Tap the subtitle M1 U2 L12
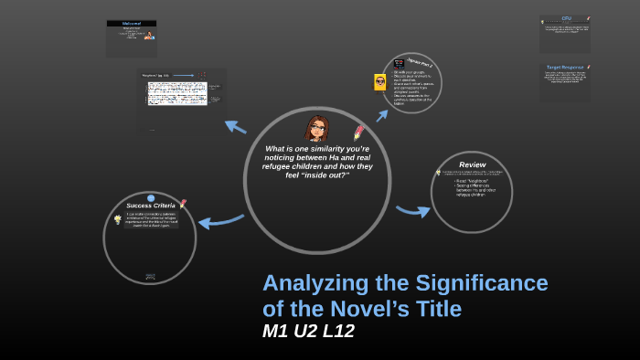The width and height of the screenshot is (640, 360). [x=308, y=332]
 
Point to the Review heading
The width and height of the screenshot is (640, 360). [x=472, y=164]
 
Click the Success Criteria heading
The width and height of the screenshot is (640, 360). [x=151, y=206]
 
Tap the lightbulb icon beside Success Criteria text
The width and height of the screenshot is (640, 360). [x=118, y=219]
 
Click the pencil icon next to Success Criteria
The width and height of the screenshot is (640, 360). [x=183, y=203]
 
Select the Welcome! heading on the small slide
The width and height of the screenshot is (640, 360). [x=132, y=24]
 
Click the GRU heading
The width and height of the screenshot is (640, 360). [x=566, y=18]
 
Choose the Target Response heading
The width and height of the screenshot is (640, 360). [x=565, y=67]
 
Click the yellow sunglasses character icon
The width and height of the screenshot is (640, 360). [x=380, y=82]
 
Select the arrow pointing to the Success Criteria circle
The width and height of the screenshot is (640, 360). [x=220, y=220]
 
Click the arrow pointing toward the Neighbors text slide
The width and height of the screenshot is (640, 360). [x=235, y=126]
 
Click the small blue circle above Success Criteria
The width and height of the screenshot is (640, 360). [x=151, y=197]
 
